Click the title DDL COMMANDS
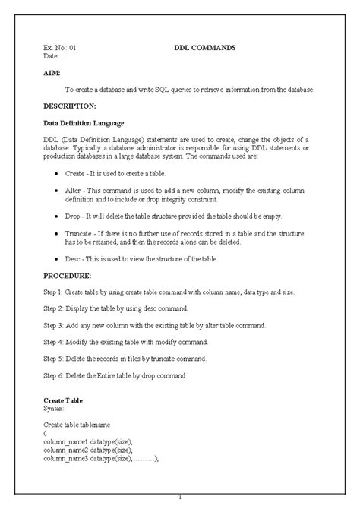[205, 47]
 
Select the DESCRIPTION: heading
[70, 106]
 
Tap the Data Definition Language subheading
[84, 123]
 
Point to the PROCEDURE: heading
[68, 276]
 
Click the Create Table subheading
[63, 400]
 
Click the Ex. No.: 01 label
[60, 47]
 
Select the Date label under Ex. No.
[51, 56]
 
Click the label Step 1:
[56, 292]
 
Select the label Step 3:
[56, 325]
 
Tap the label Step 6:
[56, 375]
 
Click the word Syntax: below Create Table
[55, 408]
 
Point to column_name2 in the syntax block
[66, 450]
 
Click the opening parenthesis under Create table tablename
[45, 433]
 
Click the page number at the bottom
[180, 498]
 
